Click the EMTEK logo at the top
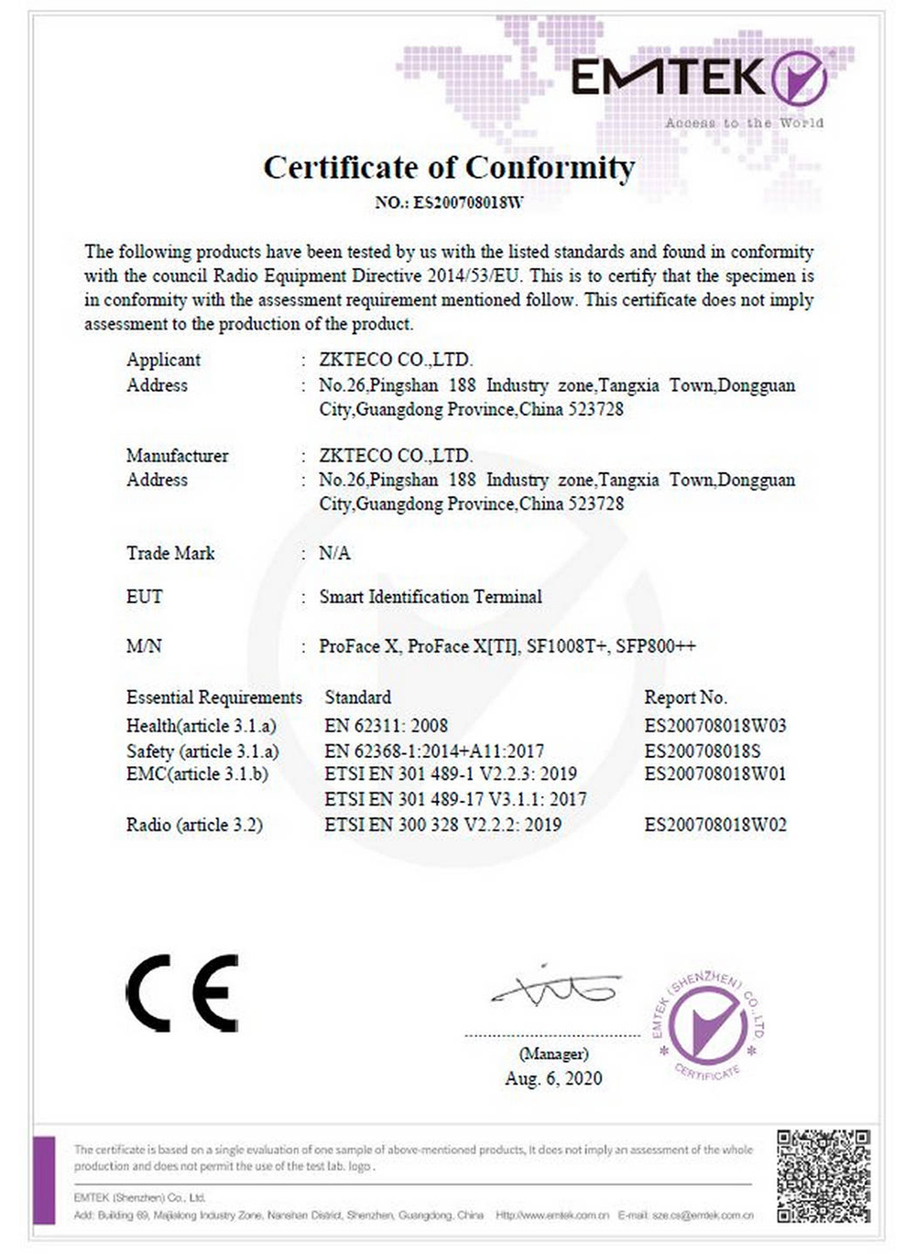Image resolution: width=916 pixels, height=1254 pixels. pos(699,78)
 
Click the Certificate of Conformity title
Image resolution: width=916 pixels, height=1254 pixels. pos(449,168)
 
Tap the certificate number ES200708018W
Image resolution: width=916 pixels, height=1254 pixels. pos(468,203)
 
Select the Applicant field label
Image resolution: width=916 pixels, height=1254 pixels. pos(163,360)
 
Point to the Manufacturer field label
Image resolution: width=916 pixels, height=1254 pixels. pos(177,455)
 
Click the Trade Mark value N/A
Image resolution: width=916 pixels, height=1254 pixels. pos(334,553)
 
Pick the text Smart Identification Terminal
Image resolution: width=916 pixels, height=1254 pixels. pos(431,597)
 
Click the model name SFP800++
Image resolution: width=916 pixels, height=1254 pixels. pos(655,646)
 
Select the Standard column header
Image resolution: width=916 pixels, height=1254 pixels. pos(357,697)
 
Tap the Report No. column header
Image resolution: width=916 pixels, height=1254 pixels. pos(685,697)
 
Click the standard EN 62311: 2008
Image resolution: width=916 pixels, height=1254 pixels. pos(386,726)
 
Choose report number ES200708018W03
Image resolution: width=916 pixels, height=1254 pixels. pos(714,726)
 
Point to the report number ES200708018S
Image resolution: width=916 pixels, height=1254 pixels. pos(702,751)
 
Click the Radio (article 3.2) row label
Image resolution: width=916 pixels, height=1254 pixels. pos(194,825)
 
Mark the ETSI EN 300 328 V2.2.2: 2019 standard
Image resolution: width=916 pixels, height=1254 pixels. pos(442,825)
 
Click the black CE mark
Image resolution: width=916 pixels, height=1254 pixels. pos(182,993)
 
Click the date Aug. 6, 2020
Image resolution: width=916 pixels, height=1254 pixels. pos(553,1078)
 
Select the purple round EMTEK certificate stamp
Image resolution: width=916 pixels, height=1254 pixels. pos(707,1024)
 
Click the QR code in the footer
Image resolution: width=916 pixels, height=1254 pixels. pos(823,1176)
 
